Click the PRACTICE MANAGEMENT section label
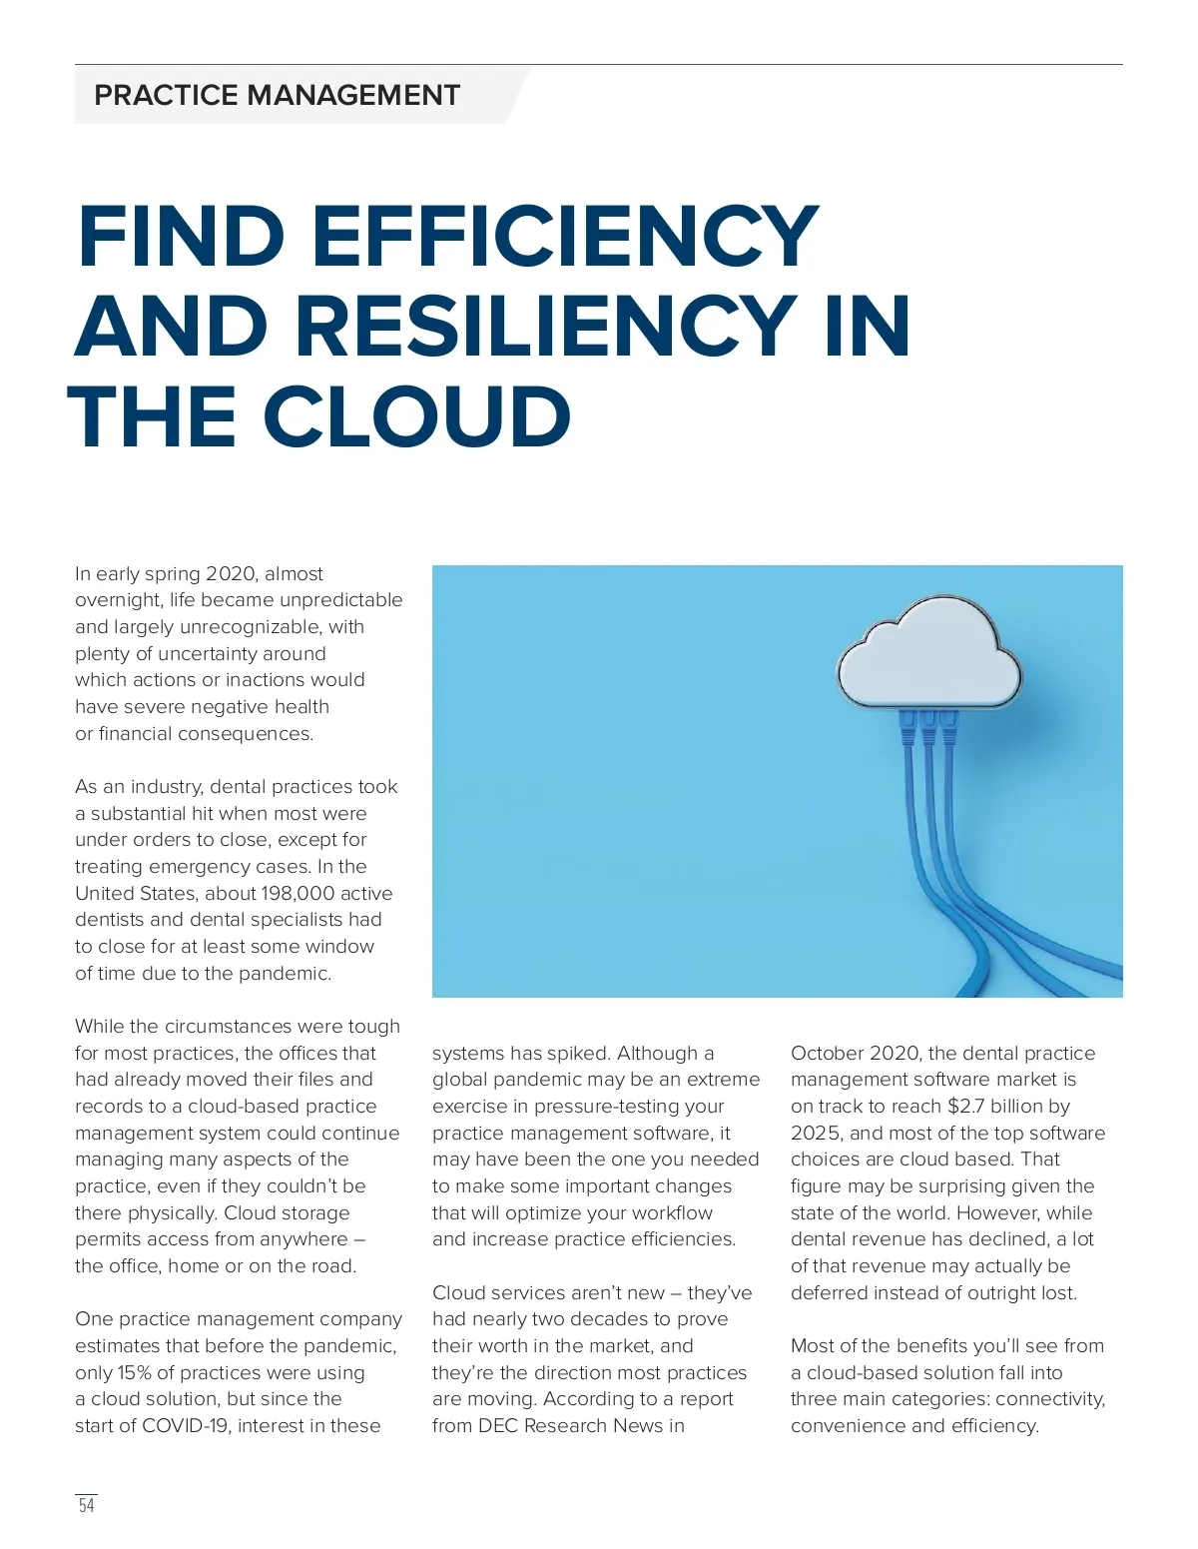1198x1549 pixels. coord(277,95)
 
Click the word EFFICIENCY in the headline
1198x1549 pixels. coord(565,237)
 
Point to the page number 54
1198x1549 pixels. coord(87,1505)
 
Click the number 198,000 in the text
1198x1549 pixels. coord(299,893)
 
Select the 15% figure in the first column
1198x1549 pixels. coord(135,1372)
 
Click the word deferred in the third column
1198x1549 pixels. coord(829,1292)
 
